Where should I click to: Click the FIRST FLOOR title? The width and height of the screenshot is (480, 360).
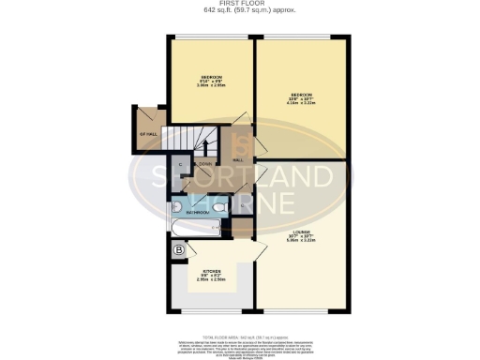(x=239, y=4)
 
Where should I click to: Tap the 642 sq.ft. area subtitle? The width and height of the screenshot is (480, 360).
(x=239, y=11)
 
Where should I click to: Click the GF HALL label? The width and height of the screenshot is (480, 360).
(x=146, y=134)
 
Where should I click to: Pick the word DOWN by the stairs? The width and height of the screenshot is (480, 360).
(x=206, y=163)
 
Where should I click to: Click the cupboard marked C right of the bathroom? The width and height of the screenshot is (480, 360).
(x=242, y=205)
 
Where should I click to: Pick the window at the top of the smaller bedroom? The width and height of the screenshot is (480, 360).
(x=210, y=37)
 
